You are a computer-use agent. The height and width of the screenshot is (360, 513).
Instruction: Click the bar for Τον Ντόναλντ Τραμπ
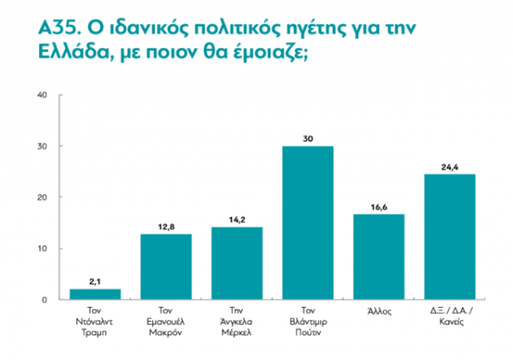96,295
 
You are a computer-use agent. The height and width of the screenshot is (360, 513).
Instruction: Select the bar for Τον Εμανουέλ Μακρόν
167,267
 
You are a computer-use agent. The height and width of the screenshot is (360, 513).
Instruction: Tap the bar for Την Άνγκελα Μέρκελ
237,263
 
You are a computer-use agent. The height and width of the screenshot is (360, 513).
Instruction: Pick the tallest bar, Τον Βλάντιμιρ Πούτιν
308,223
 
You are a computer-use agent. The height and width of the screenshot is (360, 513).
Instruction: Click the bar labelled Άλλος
379,257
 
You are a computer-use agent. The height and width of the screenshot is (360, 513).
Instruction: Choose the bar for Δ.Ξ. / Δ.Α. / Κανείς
450,237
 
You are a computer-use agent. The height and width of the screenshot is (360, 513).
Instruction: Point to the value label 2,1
96,280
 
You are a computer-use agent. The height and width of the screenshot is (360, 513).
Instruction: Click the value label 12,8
167,225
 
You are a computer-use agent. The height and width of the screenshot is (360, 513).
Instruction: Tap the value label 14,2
237,218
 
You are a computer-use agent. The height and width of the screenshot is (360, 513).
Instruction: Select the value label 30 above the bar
308,137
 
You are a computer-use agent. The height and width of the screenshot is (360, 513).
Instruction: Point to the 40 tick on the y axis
41,95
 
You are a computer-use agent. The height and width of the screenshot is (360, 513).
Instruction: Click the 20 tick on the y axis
41,198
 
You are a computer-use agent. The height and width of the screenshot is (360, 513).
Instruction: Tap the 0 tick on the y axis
43,300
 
